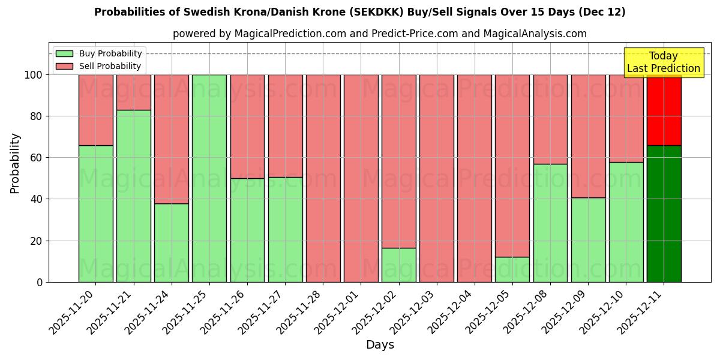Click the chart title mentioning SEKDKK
click(359, 12)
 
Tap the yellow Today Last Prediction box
click(663, 62)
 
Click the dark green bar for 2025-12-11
click(664, 214)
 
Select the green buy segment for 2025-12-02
click(398, 265)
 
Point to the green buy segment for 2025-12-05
click(512, 269)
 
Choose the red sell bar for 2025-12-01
click(361, 178)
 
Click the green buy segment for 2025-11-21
click(133, 196)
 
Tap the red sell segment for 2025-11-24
click(171, 139)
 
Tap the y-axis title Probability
click(15, 163)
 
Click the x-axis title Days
click(380, 345)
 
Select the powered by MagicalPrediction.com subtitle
click(379, 34)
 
